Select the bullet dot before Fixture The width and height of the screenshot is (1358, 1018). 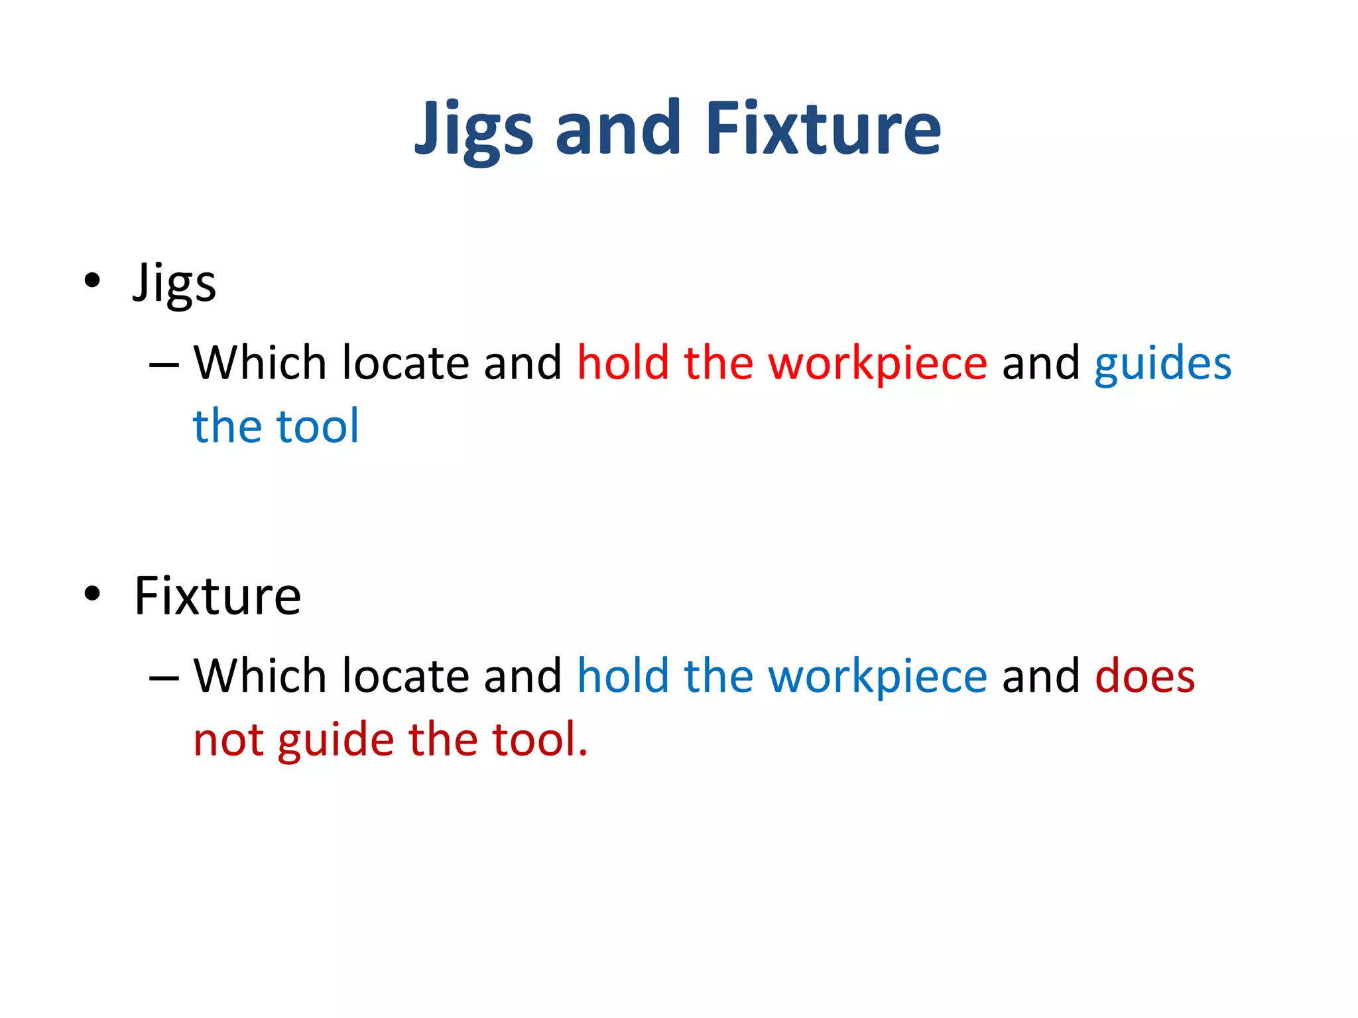pos(92,593)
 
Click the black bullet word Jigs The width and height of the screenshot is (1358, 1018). pos(174,284)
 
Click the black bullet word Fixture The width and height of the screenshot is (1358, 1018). pos(217,596)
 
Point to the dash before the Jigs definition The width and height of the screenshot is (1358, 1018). pos(164,365)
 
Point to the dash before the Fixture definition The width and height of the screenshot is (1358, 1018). pos(164,677)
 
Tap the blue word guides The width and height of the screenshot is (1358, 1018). pos(1162,365)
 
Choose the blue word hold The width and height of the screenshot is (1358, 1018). pos(623,676)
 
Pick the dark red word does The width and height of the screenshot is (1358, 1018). pos(1144,677)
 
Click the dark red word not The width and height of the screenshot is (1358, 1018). pos(228,740)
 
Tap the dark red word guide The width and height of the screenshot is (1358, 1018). pos(336,740)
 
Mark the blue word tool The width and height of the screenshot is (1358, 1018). pos(317,426)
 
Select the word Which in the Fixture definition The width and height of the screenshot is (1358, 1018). pos(260,676)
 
